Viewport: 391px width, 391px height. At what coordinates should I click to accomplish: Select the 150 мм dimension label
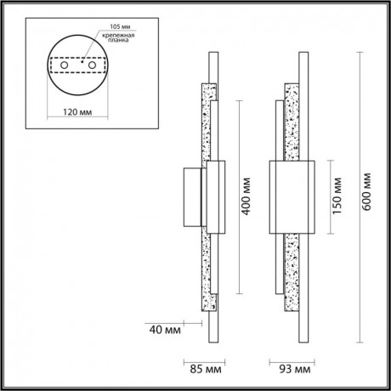tap(337, 196)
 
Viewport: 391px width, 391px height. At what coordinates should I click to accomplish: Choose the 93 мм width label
tap(294, 369)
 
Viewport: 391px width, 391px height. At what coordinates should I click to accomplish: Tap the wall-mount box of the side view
tap(191, 197)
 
